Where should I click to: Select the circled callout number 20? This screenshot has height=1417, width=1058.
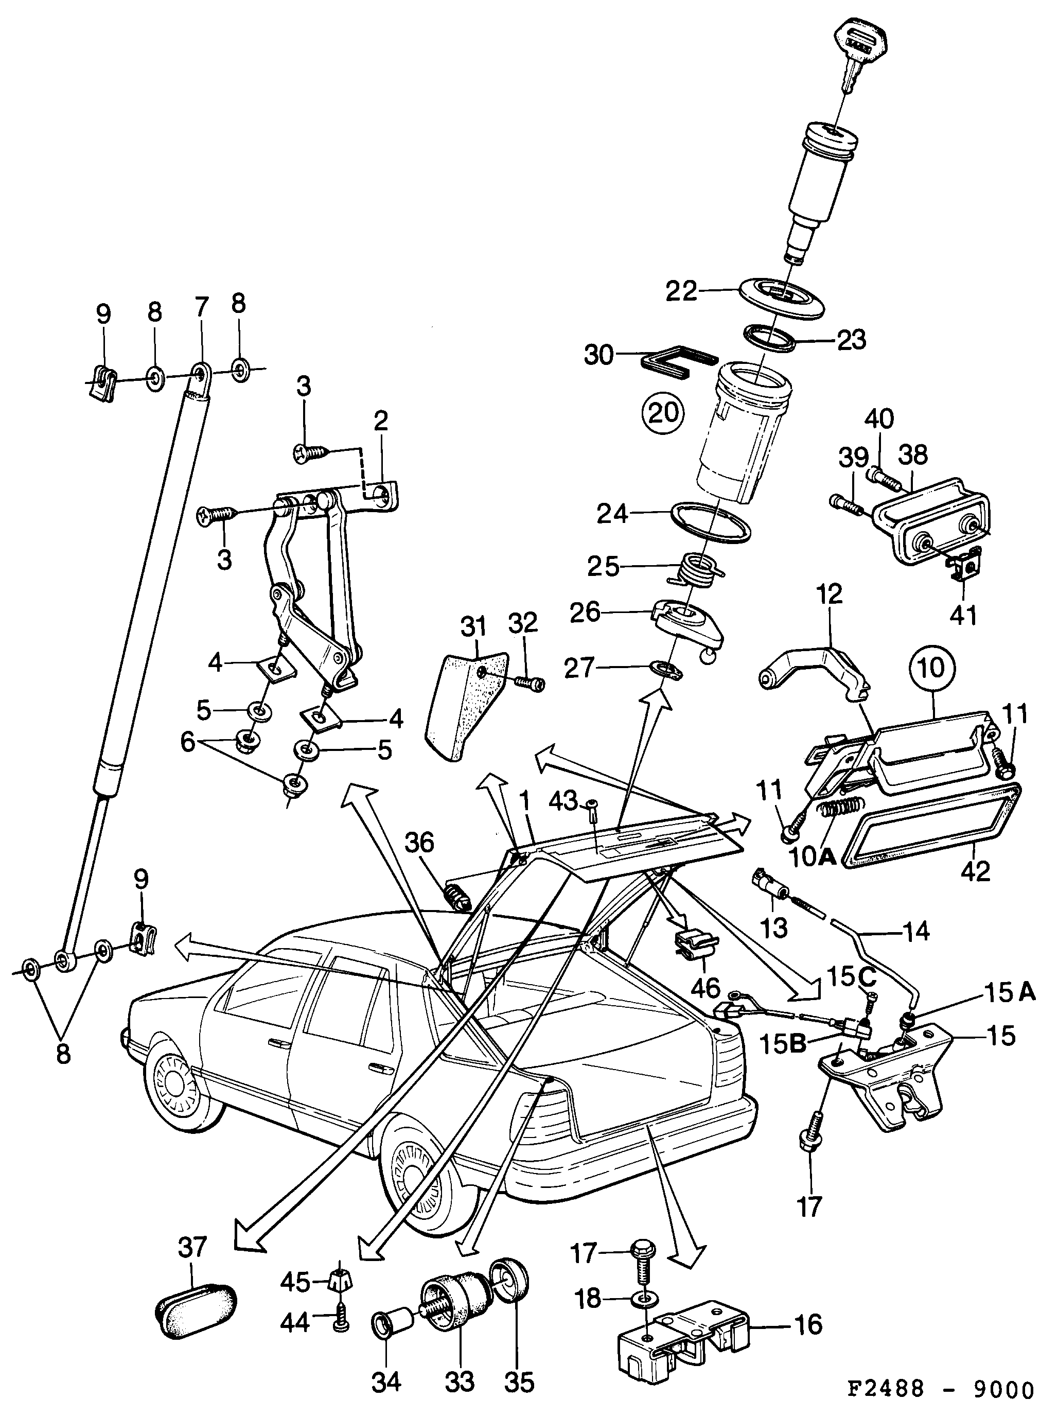coord(663,413)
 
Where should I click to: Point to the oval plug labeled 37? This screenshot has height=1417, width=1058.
coord(197,1320)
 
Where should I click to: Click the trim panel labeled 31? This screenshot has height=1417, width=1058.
coord(465,705)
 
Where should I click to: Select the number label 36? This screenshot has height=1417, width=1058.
coord(419,843)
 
